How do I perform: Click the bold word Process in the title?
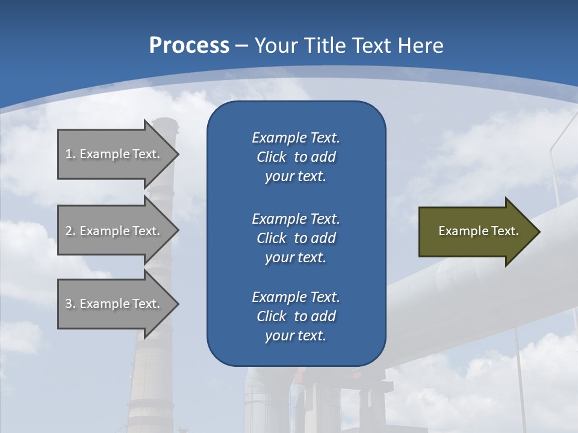pos(189,46)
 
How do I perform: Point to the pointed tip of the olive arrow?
pos(539,232)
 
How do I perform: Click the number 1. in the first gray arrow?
pos(70,154)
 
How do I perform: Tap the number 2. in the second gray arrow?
pos(70,231)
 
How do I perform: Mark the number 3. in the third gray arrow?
pos(70,304)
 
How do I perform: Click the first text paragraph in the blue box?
pos(296,157)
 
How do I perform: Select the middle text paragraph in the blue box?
pos(296,238)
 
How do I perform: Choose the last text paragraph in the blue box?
pos(296,316)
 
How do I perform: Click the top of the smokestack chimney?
pos(164,122)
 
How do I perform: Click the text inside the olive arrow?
pos(479,231)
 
